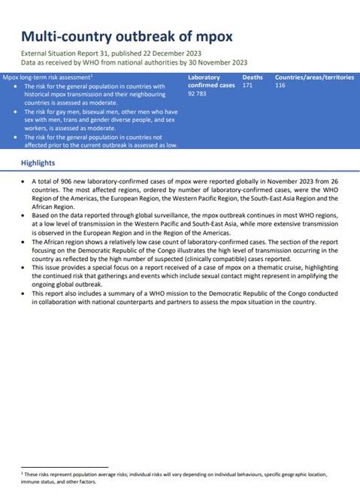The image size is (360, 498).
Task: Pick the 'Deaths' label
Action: tap(253, 77)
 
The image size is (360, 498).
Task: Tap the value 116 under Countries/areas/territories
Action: tap(281, 86)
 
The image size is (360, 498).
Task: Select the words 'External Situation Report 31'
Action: tap(65, 53)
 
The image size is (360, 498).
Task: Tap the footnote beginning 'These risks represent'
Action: tap(173, 478)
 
